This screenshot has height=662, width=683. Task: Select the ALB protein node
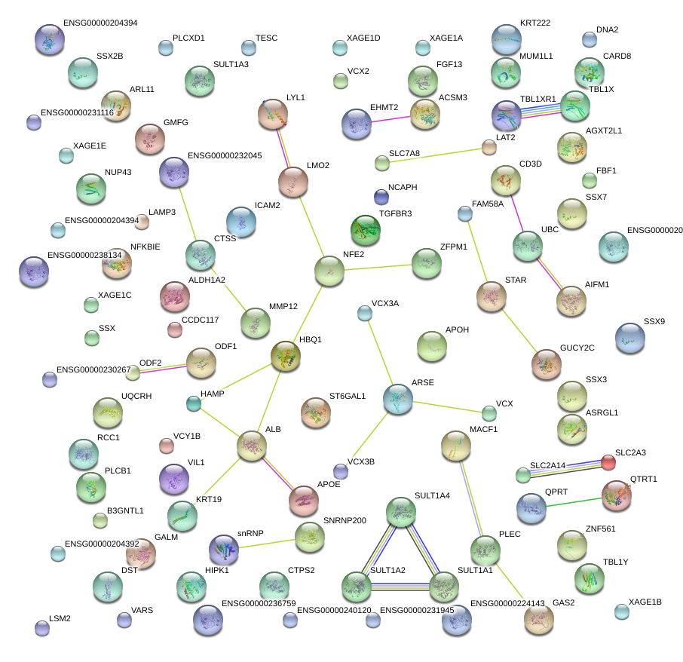[x=252, y=446]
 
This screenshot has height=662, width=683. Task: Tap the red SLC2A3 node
[x=608, y=462]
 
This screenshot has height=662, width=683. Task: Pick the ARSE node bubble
[x=397, y=399]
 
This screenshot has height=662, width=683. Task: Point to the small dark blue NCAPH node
[x=381, y=198]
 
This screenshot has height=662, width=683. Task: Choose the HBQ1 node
[x=286, y=356]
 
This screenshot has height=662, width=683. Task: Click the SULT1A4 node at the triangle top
[x=401, y=512]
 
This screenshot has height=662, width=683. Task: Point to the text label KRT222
[x=535, y=23]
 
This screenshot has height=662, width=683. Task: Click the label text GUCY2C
[x=577, y=348]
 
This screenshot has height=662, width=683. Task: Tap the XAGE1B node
[x=622, y=611]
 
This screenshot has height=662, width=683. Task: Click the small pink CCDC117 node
[x=175, y=329]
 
